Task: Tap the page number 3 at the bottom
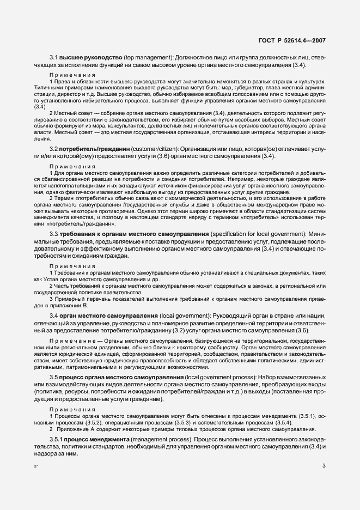[x=324, y=465]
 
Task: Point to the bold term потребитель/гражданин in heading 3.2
[x=96, y=149]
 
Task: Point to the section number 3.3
[x=54, y=234]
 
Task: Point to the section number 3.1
[x=54, y=57]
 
